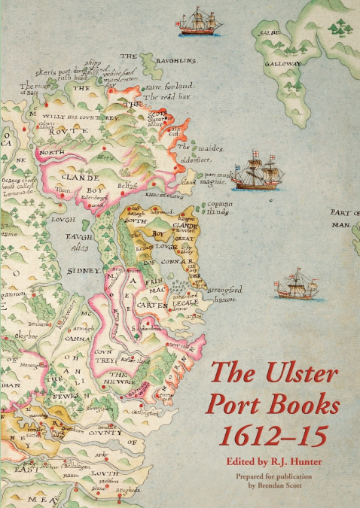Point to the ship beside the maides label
click(x=255, y=172)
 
